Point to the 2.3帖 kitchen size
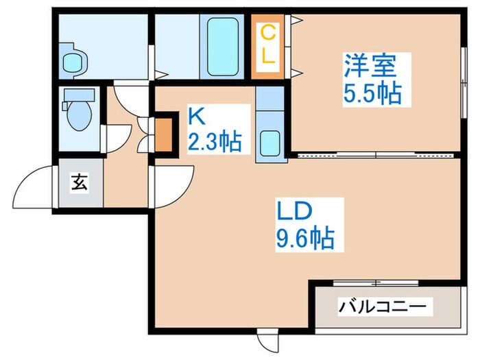[214, 143]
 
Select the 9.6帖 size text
[306, 238]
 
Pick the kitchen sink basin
[270, 143]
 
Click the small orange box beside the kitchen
[163, 135]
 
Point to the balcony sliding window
[376, 283]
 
